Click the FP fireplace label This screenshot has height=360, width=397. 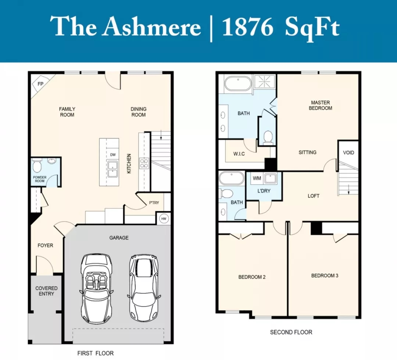(40, 84)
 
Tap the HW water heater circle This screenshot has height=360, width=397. (164, 219)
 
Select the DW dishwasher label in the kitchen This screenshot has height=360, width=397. (113, 155)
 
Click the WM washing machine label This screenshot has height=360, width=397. (257, 178)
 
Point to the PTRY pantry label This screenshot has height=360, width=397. (154, 203)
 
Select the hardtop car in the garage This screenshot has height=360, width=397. (143, 288)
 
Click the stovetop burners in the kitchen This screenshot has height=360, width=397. (144, 163)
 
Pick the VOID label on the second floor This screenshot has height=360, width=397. (348, 152)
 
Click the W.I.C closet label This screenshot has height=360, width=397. (239, 154)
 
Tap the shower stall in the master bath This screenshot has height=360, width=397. (264, 82)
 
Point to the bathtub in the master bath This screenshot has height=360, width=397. (238, 84)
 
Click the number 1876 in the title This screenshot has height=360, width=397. (247, 27)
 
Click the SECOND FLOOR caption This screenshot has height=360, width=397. (291, 332)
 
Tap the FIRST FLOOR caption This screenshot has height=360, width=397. (96, 353)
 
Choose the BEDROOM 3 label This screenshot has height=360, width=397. (325, 276)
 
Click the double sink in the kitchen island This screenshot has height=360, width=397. (113, 169)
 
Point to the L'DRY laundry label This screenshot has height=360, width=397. (264, 191)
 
